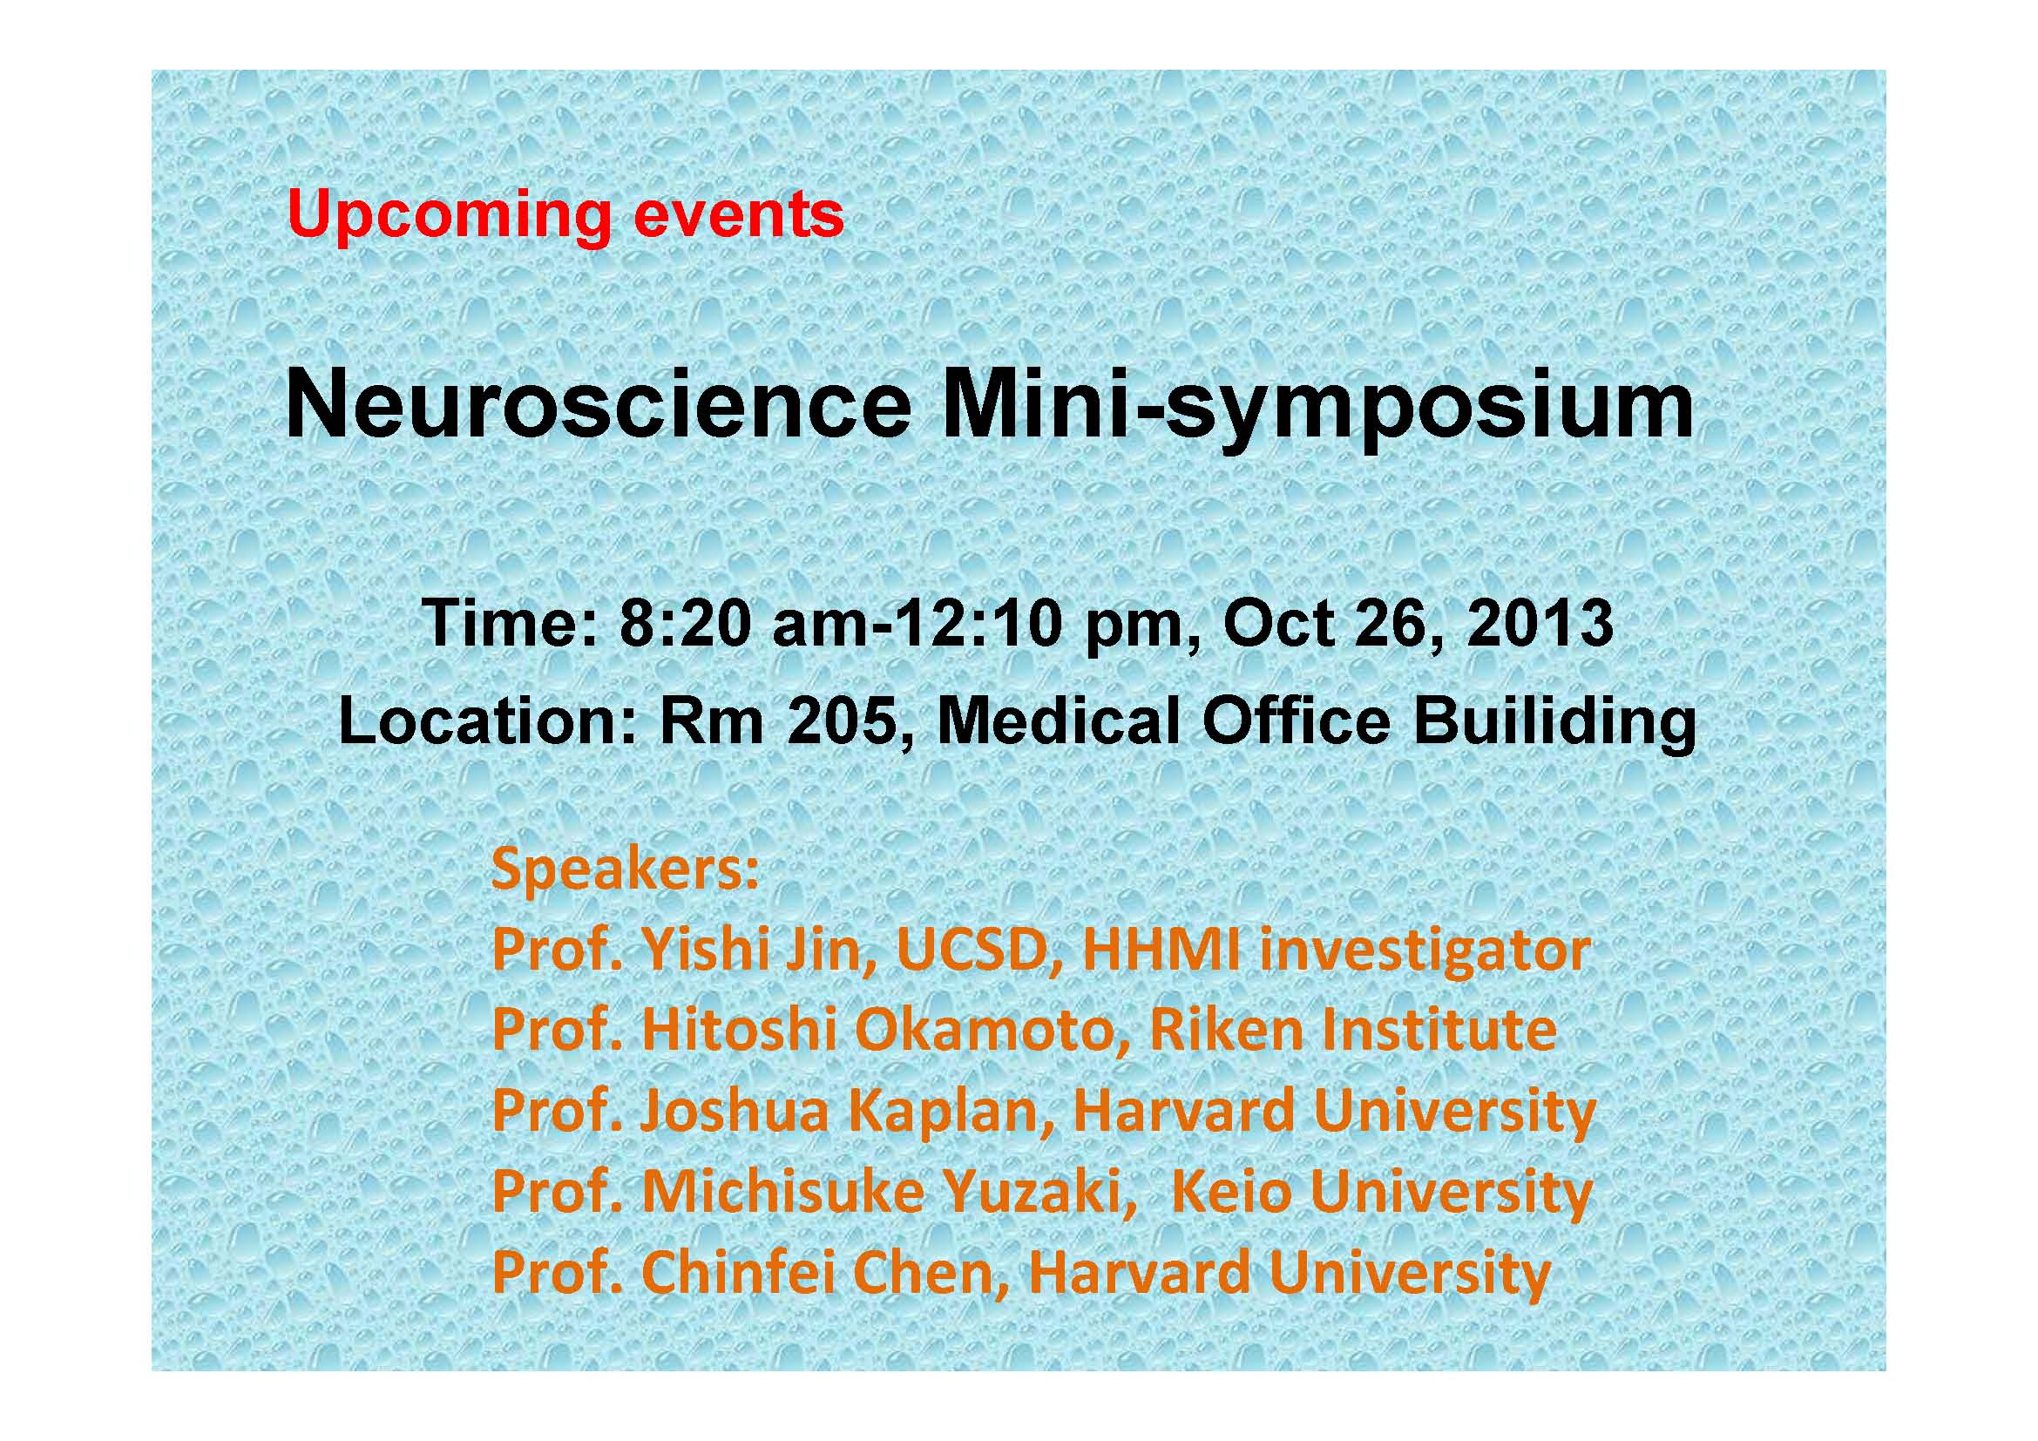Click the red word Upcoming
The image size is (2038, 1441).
pyautogui.click(x=450, y=218)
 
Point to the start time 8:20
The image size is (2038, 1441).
pyautogui.click(x=689, y=625)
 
